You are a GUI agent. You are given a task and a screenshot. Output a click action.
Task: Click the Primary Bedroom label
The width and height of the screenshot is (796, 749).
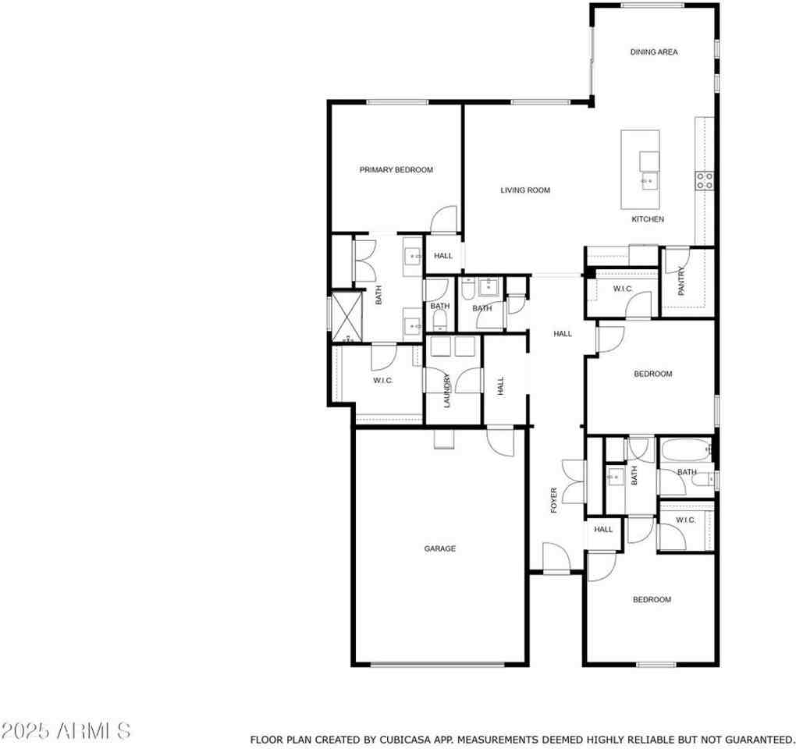[x=396, y=170]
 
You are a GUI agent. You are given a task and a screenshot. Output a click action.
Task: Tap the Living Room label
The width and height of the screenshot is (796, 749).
[x=525, y=190]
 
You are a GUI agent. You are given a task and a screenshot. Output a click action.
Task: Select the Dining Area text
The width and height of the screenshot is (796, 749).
[x=654, y=51]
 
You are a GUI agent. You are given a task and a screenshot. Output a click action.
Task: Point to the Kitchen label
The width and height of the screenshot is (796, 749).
[x=648, y=219]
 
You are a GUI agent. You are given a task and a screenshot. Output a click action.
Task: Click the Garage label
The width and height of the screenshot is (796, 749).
[x=439, y=548]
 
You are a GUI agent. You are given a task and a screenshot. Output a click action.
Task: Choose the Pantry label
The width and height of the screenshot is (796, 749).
[x=681, y=281]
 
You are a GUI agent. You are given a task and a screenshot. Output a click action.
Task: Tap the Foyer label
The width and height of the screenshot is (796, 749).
[x=554, y=500]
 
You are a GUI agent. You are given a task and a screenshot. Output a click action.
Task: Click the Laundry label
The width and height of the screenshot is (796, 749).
[x=447, y=390]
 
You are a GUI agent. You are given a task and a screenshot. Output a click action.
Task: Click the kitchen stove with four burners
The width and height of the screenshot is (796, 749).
[x=705, y=180]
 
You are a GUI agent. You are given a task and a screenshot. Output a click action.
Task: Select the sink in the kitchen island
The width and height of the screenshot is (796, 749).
[x=649, y=180]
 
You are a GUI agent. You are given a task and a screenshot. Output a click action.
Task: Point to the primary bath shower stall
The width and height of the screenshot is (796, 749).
[x=347, y=316]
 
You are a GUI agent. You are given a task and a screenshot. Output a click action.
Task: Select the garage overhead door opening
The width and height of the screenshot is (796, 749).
[x=438, y=664]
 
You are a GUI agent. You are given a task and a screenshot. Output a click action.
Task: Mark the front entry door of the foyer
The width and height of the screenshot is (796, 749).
[x=556, y=558]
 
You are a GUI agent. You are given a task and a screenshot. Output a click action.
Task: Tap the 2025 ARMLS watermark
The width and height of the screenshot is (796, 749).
[x=66, y=731]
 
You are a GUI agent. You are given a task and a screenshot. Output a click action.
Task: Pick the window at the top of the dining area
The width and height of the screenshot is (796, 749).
[x=652, y=5]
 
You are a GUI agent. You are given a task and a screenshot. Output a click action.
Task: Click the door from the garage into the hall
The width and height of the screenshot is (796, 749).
[x=500, y=442]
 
